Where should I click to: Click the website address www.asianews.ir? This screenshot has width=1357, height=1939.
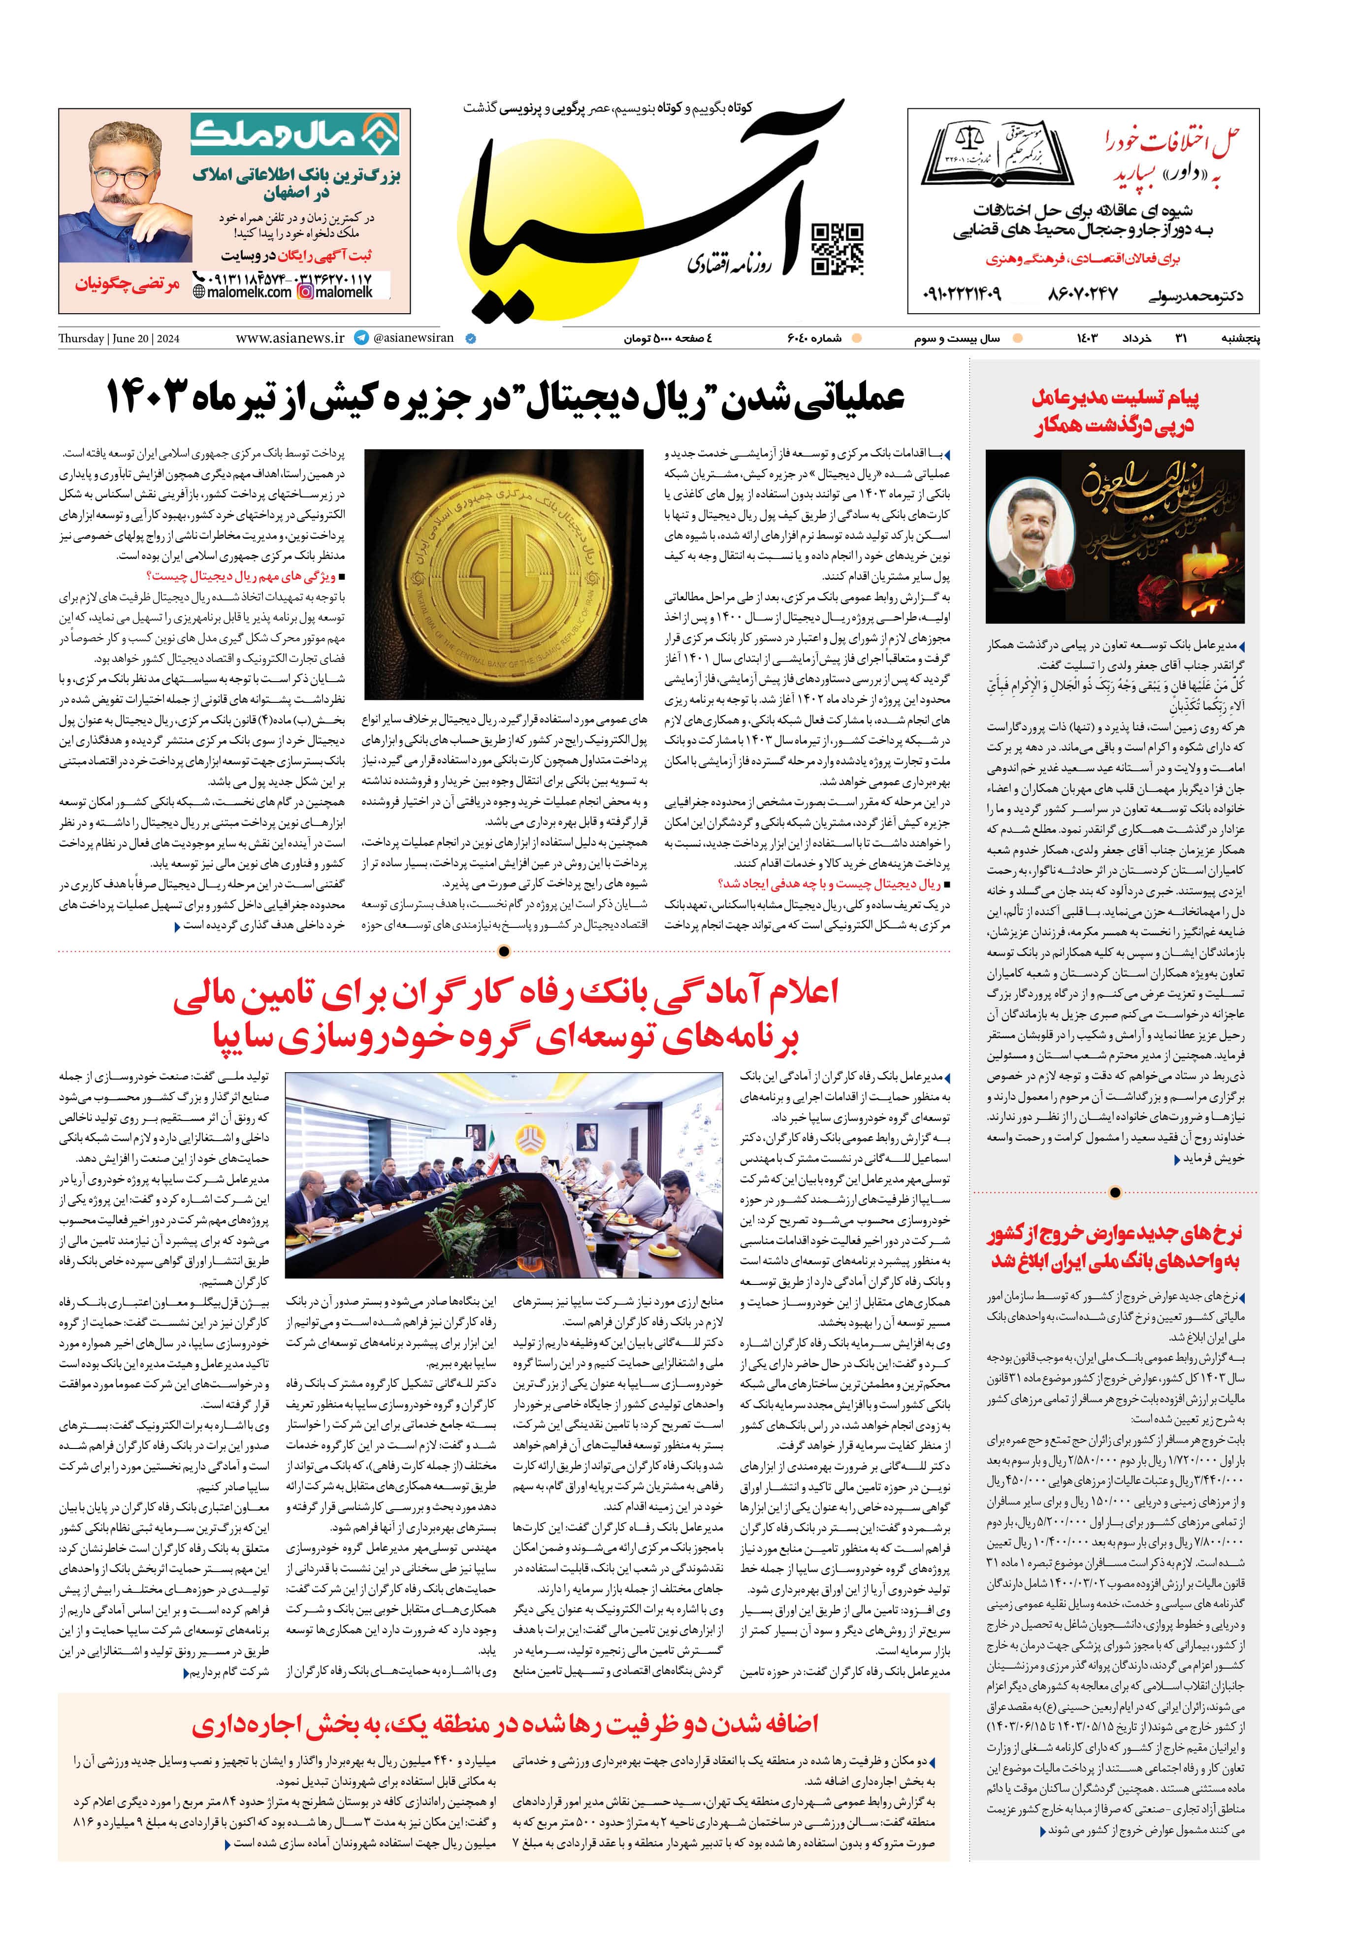click(290, 338)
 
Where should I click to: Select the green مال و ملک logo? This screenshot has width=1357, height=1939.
click(295, 135)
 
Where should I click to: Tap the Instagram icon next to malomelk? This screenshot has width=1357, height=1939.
click(305, 292)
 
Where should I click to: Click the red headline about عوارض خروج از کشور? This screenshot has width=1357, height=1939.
click(1115, 1248)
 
